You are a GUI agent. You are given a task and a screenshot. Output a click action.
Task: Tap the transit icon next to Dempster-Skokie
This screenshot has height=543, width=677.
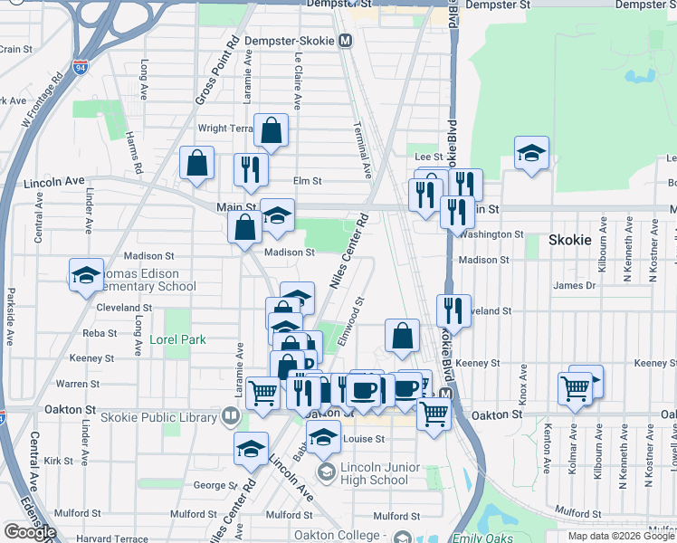[x=346, y=41]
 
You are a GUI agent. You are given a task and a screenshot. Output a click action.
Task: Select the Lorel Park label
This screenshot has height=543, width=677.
[x=178, y=340]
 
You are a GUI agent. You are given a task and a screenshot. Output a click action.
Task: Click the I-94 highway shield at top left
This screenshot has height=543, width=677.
[x=80, y=66]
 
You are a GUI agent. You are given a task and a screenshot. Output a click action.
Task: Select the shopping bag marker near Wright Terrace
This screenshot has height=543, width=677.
[x=271, y=131]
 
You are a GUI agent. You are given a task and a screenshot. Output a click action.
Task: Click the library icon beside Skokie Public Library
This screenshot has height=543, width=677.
[x=231, y=417]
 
